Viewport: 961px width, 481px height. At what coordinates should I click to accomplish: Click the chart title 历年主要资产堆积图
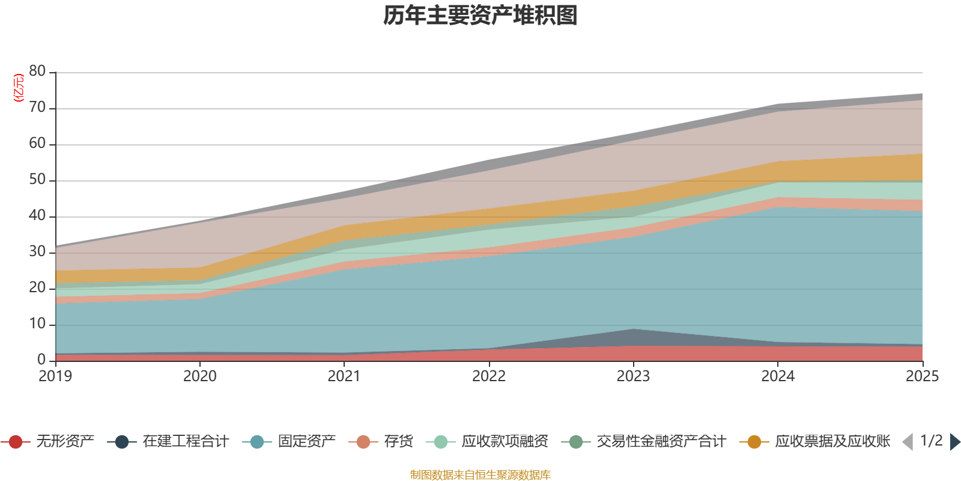point(480,16)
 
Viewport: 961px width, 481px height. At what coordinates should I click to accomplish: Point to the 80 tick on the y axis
point(37,72)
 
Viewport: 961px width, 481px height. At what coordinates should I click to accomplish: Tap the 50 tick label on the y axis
point(37,180)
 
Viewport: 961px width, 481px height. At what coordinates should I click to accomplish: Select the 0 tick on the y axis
point(41,360)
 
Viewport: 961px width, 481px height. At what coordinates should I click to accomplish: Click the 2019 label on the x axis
point(55,376)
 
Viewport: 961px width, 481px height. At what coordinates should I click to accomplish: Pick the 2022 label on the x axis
point(489,376)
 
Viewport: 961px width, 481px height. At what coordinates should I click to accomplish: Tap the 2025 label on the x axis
point(921,376)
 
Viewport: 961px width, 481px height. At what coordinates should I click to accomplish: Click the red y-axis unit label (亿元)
point(19,88)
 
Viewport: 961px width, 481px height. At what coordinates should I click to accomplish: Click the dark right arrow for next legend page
point(955,442)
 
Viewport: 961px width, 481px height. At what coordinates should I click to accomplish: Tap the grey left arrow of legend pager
point(908,442)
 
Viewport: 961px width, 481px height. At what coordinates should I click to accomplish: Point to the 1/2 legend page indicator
point(931,441)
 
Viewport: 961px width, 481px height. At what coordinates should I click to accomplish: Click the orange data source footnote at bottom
point(480,475)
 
